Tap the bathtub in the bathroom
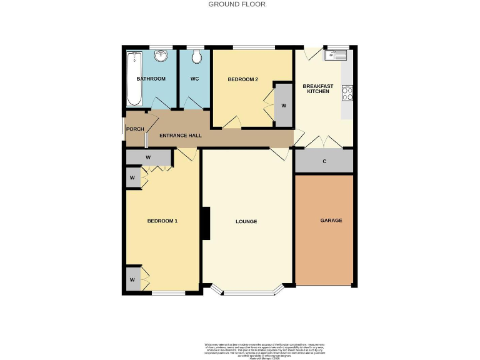(132, 79)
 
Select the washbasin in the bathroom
(162, 57)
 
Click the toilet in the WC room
(197, 57)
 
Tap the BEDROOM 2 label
(242, 79)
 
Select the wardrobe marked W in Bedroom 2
(283, 104)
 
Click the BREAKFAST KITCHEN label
(317, 89)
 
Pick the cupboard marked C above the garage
(324, 161)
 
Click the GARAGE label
(331, 221)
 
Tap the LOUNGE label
(246, 222)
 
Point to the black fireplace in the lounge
(205, 223)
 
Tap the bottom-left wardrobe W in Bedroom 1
(132, 279)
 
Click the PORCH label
(135, 129)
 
